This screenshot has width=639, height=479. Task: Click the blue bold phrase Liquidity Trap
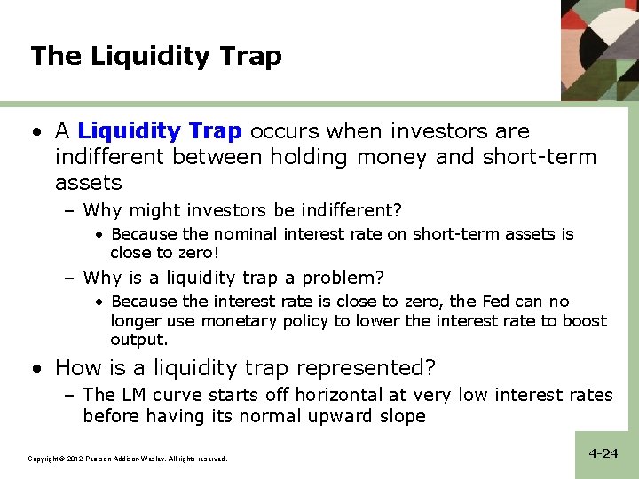click(x=159, y=131)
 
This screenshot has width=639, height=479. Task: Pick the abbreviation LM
click(x=135, y=395)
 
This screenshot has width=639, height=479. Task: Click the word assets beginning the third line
click(x=88, y=183)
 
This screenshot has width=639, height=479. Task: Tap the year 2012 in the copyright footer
click(x=74, y=459)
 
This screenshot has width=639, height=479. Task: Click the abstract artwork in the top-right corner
click(x=600, y=48)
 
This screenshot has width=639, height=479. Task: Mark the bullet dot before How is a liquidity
click(x=35, y=368)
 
